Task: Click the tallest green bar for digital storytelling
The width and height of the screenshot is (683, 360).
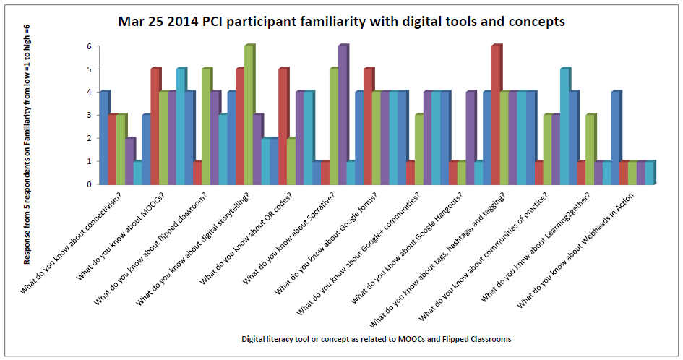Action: click(249, 116)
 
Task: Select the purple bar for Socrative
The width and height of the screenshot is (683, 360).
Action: click(343, 116)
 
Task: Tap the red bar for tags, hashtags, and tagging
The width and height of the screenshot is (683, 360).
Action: click(496, 116)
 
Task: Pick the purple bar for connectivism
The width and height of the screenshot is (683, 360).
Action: click(129, 161)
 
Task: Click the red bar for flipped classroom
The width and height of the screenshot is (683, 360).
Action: click(197, 173)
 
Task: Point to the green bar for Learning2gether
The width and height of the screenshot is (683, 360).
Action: click(590, 150)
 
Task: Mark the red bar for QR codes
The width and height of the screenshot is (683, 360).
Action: click(283, 127)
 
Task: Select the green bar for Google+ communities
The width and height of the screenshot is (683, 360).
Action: click(419, 150)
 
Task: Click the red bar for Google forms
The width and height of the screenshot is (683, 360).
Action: click(368, 127)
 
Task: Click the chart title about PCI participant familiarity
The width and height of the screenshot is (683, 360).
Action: click(341, 22)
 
